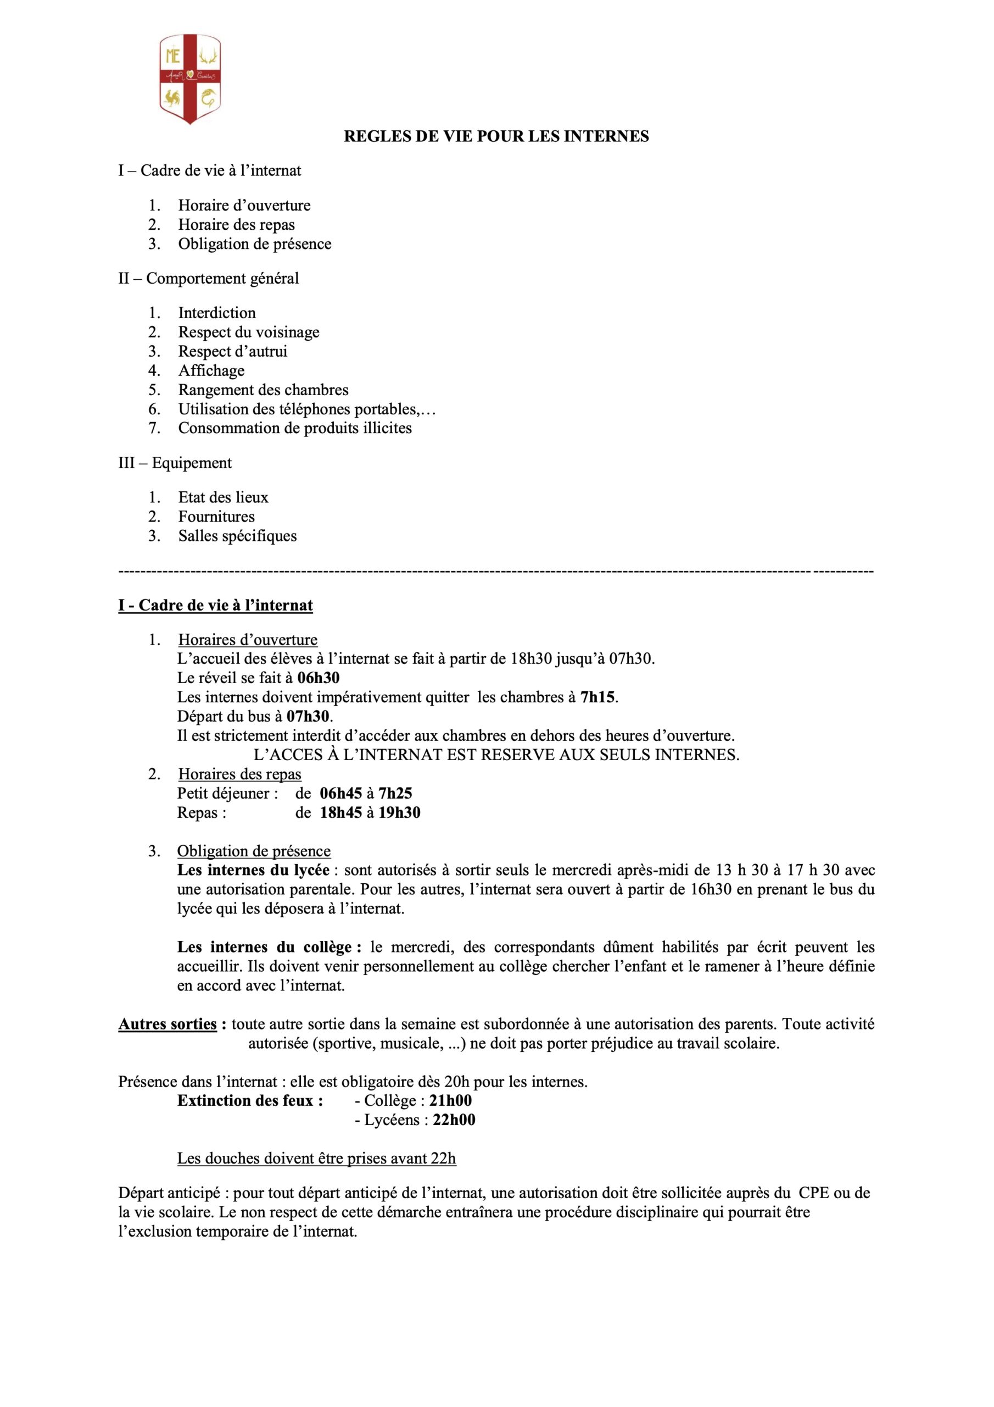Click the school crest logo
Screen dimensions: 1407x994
pyautogui.click(x=190, y=79)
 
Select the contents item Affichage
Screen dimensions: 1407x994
pyautogui.click(x=211, y=371)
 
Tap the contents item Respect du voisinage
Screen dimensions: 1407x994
pyautogui.click(x=249, y=332)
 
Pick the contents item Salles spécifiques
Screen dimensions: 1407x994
pyautogui.click(x=238, y=536)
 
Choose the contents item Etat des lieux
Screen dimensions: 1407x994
pyautogui.click(x=223, y=497)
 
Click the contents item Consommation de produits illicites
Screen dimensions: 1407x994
pyautogui.click(x=294, y=428)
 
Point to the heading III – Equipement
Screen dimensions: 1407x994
pyautogui.click(x=175, y=463)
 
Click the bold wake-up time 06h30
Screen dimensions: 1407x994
pyautogui.click(x=319, y=678)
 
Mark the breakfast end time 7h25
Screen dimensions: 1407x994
pyautogui.click(x=395, y=794)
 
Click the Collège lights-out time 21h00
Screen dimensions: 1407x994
pyautogui.click(x=450, y=1101)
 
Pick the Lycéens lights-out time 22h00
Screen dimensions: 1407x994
pyautogui.click(x=454, y=1120)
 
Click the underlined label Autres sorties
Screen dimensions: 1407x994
pyautogui.click(x=167, y=1024)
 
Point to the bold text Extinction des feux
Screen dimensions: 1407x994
pyautogui.click(x=250, y=1101)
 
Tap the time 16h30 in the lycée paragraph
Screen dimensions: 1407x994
pyautogui.click(x=711, y=889)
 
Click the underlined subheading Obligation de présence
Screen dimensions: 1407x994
pyautogui.click(x=254, y=851)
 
